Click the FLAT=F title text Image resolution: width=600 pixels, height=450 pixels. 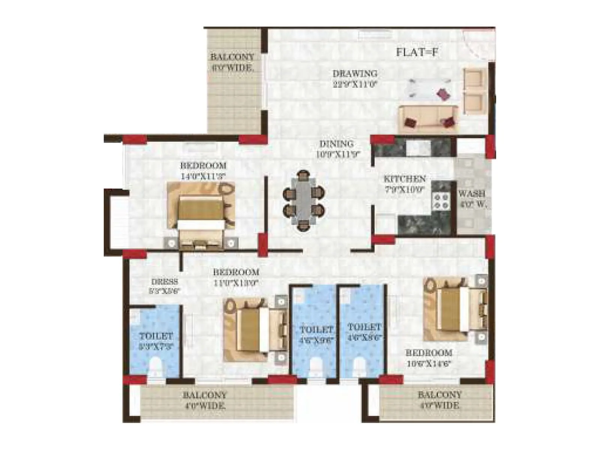click(417, 52)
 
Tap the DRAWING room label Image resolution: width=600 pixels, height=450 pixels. click(355, 78)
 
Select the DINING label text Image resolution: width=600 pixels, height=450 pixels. click(336, 148)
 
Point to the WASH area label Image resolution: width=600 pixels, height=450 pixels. click(472, 199)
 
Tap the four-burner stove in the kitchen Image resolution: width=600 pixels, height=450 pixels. click(441, 201)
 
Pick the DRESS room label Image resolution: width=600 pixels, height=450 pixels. click(164, 285)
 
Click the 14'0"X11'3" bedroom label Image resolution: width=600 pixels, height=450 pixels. click(203, 170)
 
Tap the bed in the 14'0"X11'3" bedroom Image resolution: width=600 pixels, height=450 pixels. click(201, 217)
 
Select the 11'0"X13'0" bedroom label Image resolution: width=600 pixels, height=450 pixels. click(236, 277)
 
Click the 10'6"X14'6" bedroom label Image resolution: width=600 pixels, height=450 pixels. click(429, 358)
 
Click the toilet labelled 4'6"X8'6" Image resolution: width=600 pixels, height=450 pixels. click(364, 332)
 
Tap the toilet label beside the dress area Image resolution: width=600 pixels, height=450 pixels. click(156, 340)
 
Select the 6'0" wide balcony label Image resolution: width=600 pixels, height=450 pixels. click(232, 62)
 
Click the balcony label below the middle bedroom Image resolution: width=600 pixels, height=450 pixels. click(204, 400)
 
